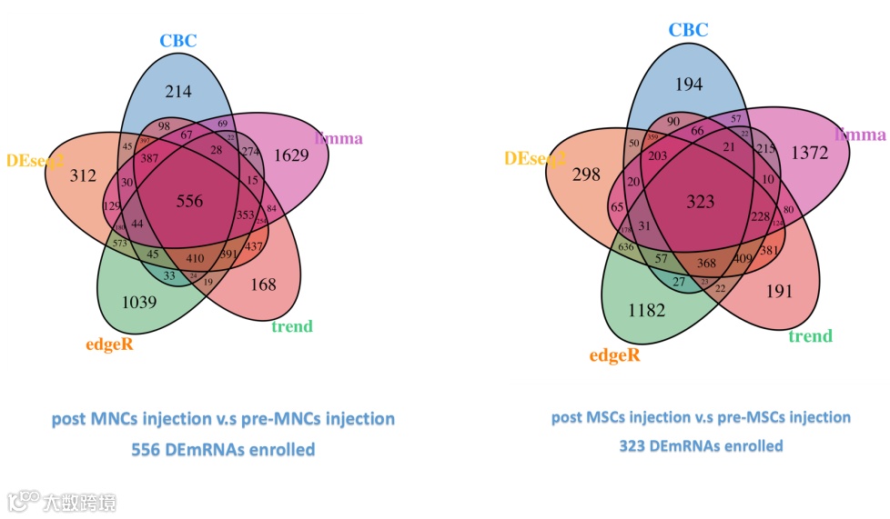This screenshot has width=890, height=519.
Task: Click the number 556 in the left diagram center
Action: pyautogui.click(x=189, y=201)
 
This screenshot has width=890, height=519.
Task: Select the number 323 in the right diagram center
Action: pyautogui.click(x=700, y=202)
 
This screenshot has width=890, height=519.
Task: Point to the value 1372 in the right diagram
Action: pyautogui.click(x=809, y=153)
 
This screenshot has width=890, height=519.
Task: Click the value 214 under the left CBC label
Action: pyautogui.click(x=177, y=91)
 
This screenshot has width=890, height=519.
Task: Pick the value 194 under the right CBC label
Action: pyautogui.click(x=689, y=84)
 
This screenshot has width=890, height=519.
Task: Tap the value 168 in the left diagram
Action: pyautogui.click(x=263, y=284)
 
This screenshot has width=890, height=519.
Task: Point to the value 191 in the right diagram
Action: pyautogui.click(x=779, y=291)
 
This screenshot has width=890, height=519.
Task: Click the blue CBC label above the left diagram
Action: pyautogui.click(x=178, y=40)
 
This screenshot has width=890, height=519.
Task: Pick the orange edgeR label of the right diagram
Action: pyautogui.click(x=614, y=355)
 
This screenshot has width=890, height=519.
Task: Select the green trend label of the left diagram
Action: pyautogui.click(x=291, y=326)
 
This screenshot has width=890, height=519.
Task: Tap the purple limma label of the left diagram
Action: pyautogui.click(x=339, y=139)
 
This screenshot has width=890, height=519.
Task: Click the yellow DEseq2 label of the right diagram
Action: pyautogui.click(x=535, y=159)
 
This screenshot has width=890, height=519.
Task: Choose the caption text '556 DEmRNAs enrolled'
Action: pyautogui.click(x=223, y=449)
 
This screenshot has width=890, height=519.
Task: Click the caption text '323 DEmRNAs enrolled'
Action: pyautogui.click(x=701, y=446)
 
